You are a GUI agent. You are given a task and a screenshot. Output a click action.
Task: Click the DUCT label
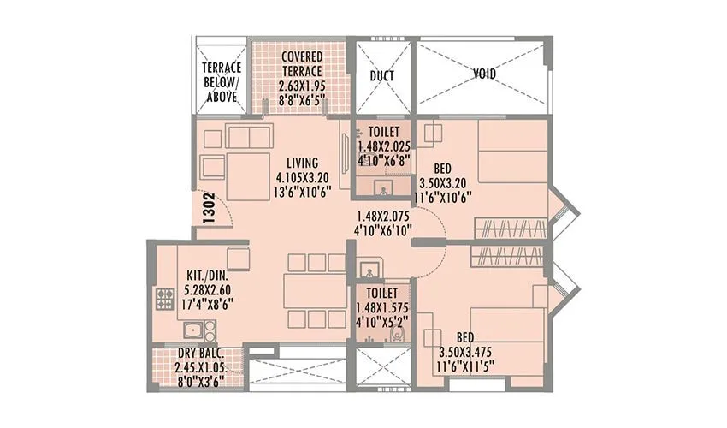point(381,75)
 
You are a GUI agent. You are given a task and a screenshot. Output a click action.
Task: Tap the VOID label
point(484,74)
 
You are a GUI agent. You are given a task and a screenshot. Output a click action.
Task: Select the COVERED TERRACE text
point(301,64)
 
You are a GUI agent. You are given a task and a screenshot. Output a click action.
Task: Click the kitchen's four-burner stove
point(164,300)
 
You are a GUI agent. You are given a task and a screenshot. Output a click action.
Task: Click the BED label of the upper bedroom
point(443,168)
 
